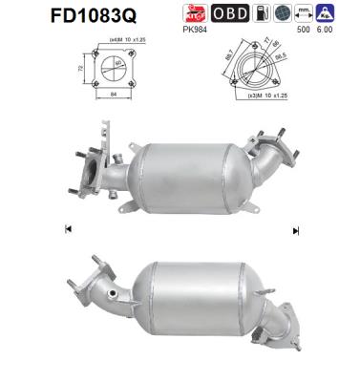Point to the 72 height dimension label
tap(79, 70)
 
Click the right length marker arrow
tap(296, 229)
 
